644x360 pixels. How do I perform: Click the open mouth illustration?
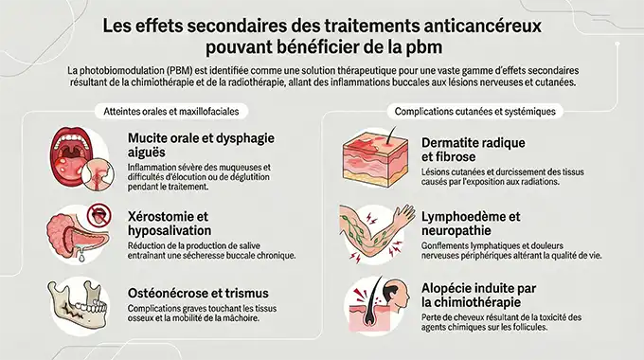tap(71, 154)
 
